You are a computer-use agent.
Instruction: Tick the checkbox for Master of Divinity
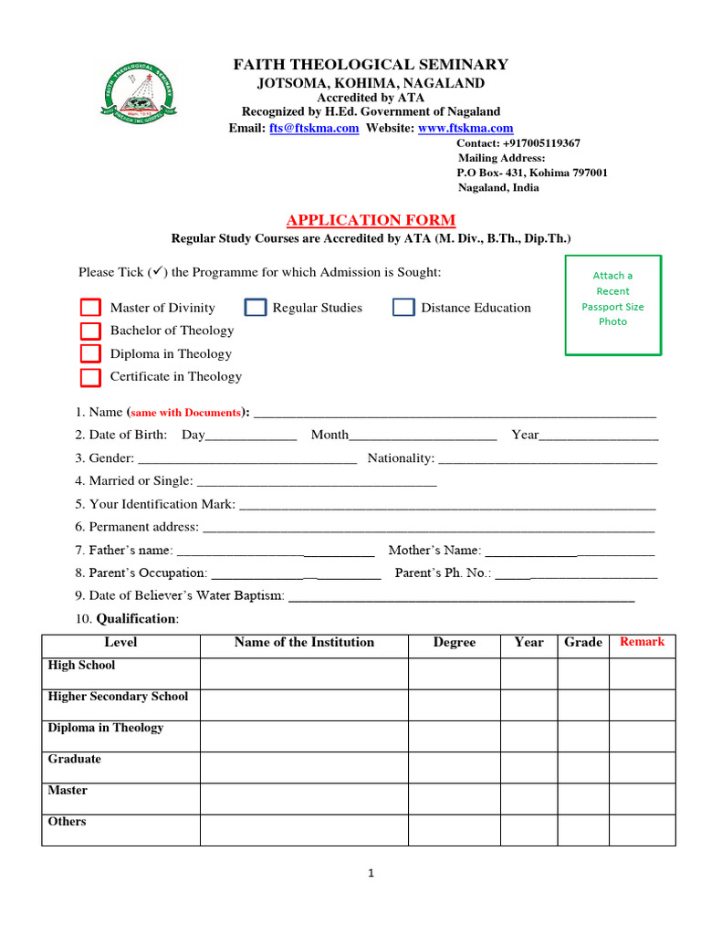coord(90,308)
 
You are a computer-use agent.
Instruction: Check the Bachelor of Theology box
coord(90,331)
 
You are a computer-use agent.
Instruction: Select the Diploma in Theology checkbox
coord(90,353)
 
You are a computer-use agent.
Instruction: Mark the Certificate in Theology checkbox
coord(90,376)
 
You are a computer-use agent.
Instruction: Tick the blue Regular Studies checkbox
coord(256,308)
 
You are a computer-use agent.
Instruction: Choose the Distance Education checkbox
coord(403,308)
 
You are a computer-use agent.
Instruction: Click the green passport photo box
coord(612,305)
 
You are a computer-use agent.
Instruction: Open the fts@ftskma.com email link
coord(314,129)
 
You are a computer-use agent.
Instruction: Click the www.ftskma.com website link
coord(466,129)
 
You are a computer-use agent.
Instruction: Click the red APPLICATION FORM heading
coord(371,220)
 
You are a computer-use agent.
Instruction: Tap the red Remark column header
coord(642,642)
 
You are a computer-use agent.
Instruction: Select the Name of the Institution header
coord(304,642)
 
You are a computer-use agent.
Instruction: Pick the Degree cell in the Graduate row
coord(454,767)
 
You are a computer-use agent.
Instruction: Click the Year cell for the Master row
coord(528,798)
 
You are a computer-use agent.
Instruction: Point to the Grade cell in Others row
coord(583,829)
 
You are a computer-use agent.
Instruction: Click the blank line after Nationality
coord(548,458)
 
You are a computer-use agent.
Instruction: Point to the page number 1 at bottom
coord(371,873)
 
